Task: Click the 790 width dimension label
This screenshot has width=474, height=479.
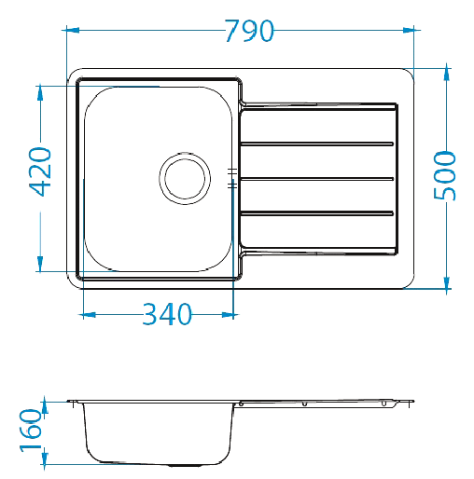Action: point(249,31)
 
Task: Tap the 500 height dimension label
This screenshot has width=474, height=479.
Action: point(445,175)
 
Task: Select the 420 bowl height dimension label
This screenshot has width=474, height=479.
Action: point(40,171)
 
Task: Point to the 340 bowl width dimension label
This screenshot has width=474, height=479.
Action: point(167,314)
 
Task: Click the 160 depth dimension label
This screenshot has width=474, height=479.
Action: point(31,431)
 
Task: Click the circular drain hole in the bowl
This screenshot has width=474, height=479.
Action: point(185,178)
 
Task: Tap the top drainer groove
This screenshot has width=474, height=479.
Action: point(317,144)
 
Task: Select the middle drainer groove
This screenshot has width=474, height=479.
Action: point(317,179)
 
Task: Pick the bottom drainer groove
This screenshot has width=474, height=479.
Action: point(317,213)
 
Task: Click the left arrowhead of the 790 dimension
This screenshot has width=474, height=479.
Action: point(73,30)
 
